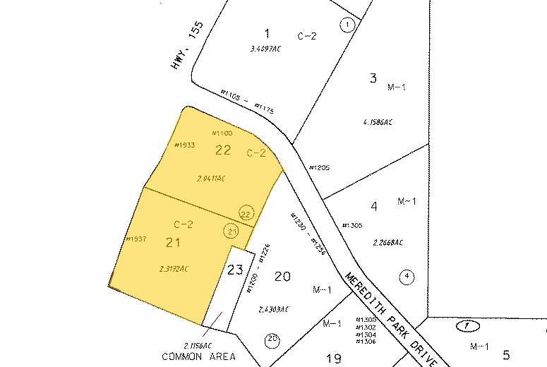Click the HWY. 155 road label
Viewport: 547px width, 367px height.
(187, 44)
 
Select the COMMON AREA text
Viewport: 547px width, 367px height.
(198, 356)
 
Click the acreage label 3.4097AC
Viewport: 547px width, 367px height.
(265, 49)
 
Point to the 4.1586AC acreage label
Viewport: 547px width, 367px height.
(377, 121)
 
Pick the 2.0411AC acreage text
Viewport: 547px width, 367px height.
(211, 178)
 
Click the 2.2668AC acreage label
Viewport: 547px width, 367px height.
(388, 242)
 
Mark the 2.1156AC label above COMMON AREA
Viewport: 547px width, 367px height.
(198, 345)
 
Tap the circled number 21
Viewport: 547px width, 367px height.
(230, 230)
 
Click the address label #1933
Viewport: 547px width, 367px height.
(184, 145)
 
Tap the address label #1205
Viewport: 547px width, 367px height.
(319, 167)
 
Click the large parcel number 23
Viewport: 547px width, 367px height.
(235, 269)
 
